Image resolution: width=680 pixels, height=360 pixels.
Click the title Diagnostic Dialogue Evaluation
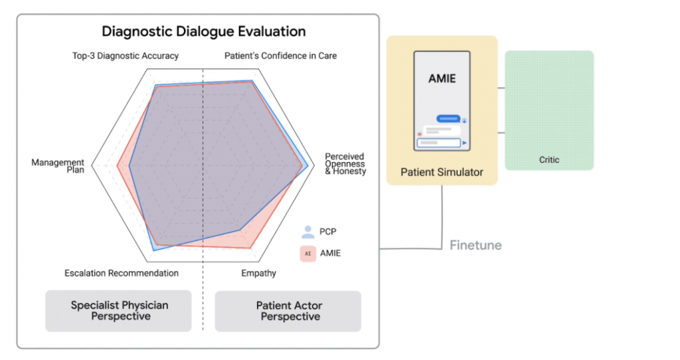tap(203, 31)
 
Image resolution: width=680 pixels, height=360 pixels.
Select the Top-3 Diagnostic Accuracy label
tap(125, 56)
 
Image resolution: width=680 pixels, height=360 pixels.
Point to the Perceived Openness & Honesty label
tap(345, 164)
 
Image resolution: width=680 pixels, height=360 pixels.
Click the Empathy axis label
tap(258, 273)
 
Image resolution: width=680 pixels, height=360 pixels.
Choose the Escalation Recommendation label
tap(122, 273)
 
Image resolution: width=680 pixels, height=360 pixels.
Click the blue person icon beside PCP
tap(307, 232)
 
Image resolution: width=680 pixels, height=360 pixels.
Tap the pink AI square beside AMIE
tap(307, 253)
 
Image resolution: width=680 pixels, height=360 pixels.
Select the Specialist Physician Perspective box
tap(119, 310)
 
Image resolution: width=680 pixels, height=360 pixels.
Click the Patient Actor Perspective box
tap(288, 310)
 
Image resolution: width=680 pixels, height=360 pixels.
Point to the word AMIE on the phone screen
tap(442, 78)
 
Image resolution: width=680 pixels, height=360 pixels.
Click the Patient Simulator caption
tap(442, 172)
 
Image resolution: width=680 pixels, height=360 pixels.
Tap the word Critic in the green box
tap(549, 159)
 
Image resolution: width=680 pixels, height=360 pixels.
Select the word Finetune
tap(475, 245)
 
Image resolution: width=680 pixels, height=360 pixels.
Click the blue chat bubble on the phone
tap(448, 118)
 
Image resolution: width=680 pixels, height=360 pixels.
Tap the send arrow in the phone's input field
tap(465, 142)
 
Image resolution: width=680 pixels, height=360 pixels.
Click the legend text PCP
tap(328, 232)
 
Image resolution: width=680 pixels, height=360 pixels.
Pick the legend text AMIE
tap(330, 253)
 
